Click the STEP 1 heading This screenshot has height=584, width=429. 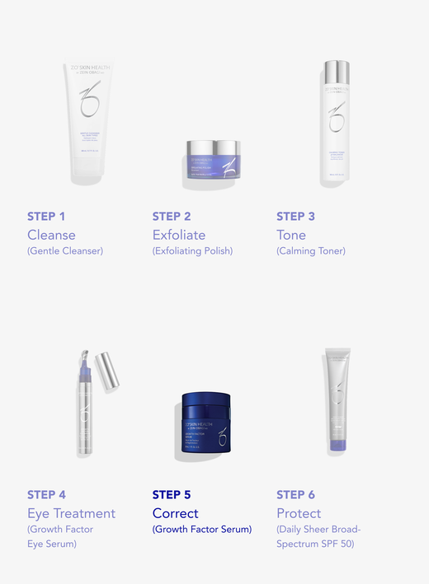coord(46,217)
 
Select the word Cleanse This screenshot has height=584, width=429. coord(51,235)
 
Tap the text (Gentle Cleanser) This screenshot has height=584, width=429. coord(65,250)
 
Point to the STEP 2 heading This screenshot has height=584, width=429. coord(172,217)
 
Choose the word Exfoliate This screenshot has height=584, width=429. coord(179,235)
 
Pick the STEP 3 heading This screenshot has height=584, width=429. coord(295,217)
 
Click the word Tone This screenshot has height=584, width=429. coord(291,235)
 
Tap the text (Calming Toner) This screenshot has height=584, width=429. coord(311,250)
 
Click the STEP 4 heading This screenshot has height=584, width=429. coord(46,495)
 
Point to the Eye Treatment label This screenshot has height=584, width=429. coord(71,513)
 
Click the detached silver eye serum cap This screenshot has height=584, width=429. coord(108,371)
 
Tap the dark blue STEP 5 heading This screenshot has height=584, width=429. coord(172,495)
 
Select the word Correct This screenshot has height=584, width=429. coord(176,513)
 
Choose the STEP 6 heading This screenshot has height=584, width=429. coord(295,495)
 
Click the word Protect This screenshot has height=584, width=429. coord(299,513)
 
